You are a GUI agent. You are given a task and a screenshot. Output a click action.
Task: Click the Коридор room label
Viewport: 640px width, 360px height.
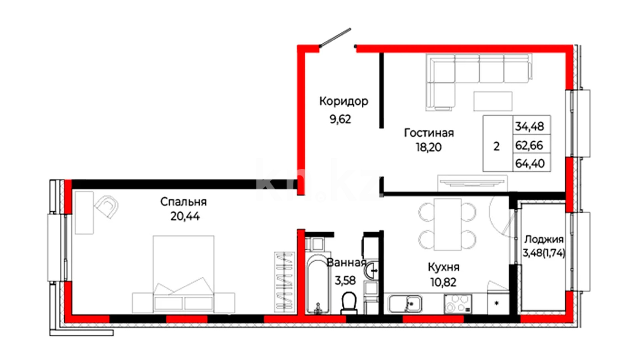pyautogui.click(x=344, y=102)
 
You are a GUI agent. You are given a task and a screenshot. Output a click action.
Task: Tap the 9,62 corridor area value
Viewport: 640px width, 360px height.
pyautogui.click(x=340, y=119)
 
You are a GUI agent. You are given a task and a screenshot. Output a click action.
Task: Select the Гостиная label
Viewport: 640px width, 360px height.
pyautogui.click(x=429, y=133)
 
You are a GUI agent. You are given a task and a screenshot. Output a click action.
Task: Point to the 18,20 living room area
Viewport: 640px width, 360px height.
pyautogui.click(x=429, y=147)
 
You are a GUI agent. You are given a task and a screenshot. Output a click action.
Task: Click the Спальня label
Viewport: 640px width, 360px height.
pyautogui.click(x=183, y=202)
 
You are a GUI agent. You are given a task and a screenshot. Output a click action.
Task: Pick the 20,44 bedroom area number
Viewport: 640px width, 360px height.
pyautogui.click(x=185, y=217)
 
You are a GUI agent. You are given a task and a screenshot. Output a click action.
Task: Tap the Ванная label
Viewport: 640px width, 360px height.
pyautogui.click(x=346, y=263)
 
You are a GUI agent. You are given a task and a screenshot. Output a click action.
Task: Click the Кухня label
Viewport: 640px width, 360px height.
pyautogui.click(x=443, y=267)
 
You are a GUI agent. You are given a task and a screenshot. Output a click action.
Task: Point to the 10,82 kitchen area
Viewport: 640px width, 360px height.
pyautogui.click(x=443, y=282)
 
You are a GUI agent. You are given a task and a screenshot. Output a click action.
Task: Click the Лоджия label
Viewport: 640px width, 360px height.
pyautogui.click(x=544, y=240)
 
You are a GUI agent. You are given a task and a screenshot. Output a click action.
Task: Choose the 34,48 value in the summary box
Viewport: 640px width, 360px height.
pyautogui.click(x=530, y=126)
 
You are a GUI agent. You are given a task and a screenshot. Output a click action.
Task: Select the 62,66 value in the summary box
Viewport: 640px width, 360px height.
pyautogui.click(x=529, y=145)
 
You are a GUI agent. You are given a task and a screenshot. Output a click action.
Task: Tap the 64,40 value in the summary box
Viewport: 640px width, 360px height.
pyautogui.click(x=530, y=164)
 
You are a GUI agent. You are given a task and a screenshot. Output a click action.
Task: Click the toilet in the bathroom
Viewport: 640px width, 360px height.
pyautogui.click(x=349, y=303)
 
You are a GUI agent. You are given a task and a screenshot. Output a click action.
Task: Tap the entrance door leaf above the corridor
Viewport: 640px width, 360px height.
pyautogui.click(x=335, y=38)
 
